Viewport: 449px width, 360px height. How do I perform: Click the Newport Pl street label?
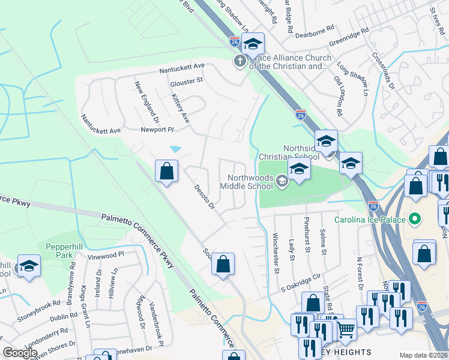pos(157,130)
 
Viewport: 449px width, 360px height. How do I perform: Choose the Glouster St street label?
pos(187,82)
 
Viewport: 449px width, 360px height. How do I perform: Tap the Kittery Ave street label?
pos(180,109)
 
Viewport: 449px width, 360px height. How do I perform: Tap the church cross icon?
pos(240,61)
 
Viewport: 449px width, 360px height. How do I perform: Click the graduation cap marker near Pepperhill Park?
pos(28,266)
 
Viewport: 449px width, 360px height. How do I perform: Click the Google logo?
pos(20,353)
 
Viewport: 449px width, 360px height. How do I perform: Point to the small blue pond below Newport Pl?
pos(176,149)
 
